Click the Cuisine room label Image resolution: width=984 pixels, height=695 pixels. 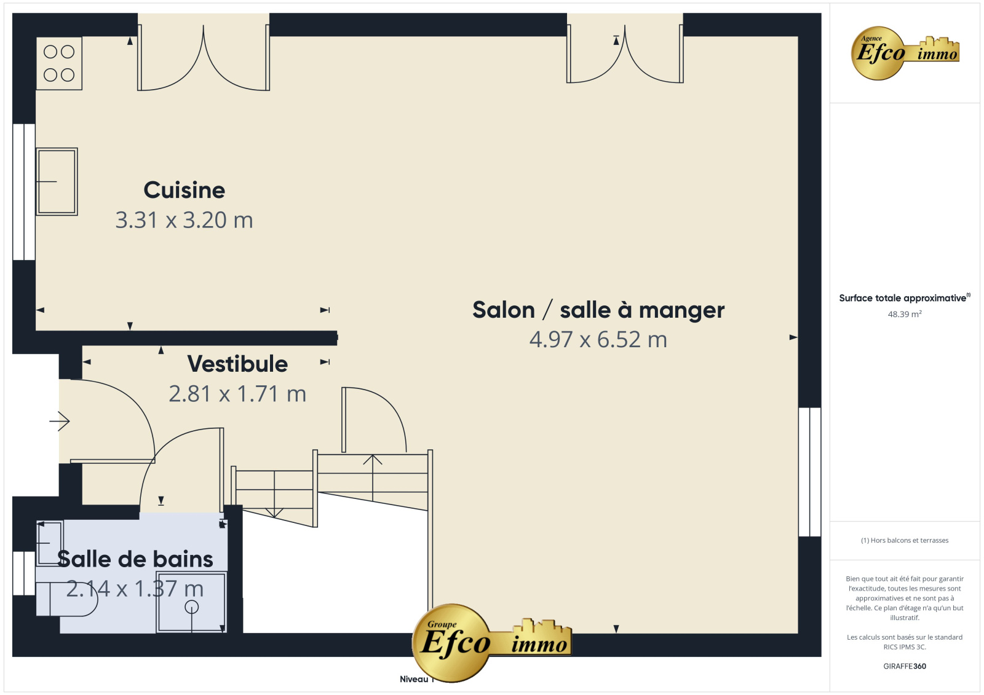[184, 190]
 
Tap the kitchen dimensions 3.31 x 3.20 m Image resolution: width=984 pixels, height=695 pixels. [184, 220]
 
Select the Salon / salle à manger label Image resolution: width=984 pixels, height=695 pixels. [598, 310]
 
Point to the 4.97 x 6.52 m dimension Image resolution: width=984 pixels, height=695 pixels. [598, 339]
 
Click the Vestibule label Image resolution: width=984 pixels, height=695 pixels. [237, 364]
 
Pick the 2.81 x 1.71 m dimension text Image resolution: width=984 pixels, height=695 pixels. [237, 394]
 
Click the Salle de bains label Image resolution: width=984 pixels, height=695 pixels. [135, 559]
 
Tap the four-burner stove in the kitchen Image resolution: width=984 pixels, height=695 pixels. [59, 63]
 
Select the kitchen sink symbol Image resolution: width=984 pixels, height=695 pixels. [57, 181]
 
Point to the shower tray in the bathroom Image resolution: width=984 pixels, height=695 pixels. [191, 602]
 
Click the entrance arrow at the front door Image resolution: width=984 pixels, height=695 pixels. [59, 422]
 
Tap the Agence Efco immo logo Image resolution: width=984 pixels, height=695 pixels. [905, 53]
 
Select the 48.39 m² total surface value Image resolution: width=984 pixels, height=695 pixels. [905, 315]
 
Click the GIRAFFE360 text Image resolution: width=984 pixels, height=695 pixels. [905, 666]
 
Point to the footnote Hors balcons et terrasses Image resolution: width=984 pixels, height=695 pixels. [905, 541]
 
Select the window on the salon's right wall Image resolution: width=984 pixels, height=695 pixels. [809, 472]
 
